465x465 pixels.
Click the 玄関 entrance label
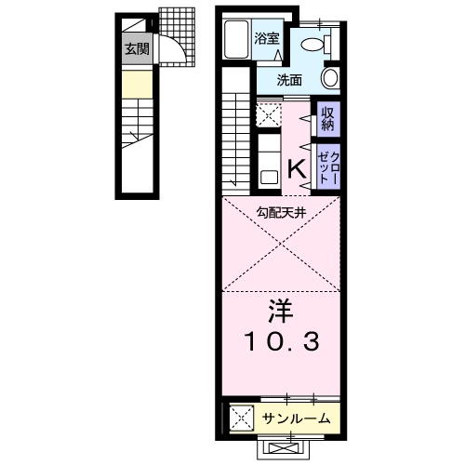pos(136,49)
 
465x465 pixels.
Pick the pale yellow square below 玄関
pos(136,89)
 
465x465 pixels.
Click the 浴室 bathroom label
pos(268,39)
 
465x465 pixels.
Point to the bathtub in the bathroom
pos(238,39)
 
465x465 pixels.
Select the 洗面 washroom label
pos(289,81)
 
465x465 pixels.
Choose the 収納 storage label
pos(327,118)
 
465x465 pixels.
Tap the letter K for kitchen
pos(296,168)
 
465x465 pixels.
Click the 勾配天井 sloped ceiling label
pos(282,212)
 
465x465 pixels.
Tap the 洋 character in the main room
pos(282,309)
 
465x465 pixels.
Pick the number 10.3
pos(282,342)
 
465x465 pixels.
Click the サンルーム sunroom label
pos(295,418)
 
